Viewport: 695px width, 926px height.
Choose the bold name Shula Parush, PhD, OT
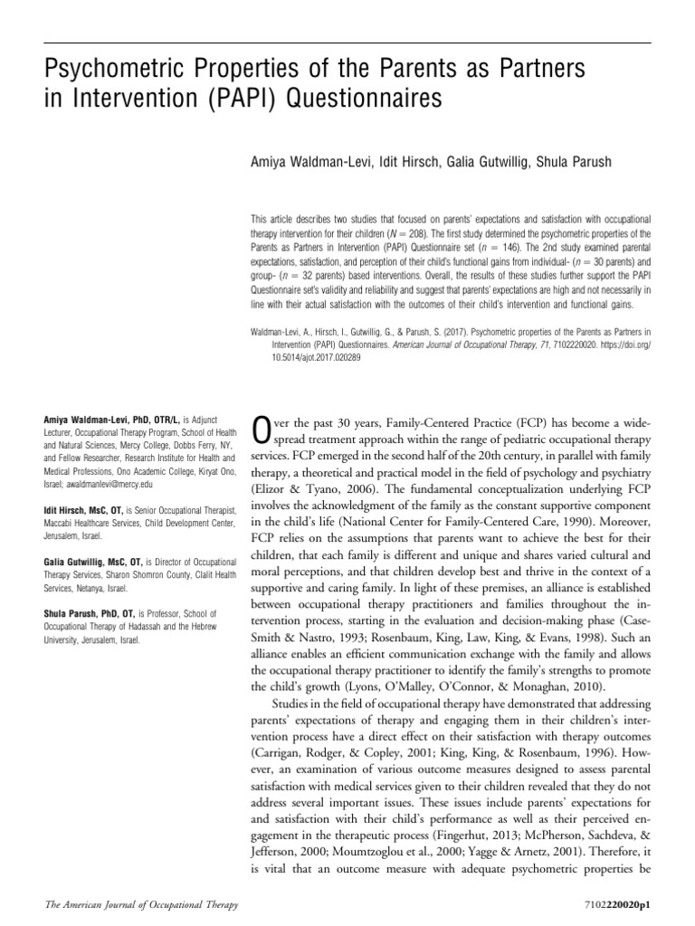pos(95,611)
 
